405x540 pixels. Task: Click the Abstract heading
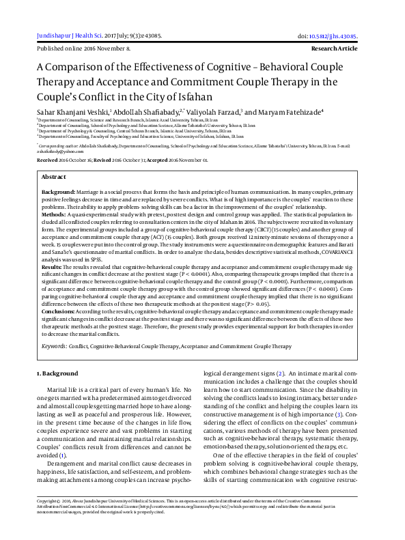point(54,176)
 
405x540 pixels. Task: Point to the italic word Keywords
point(55,346)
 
